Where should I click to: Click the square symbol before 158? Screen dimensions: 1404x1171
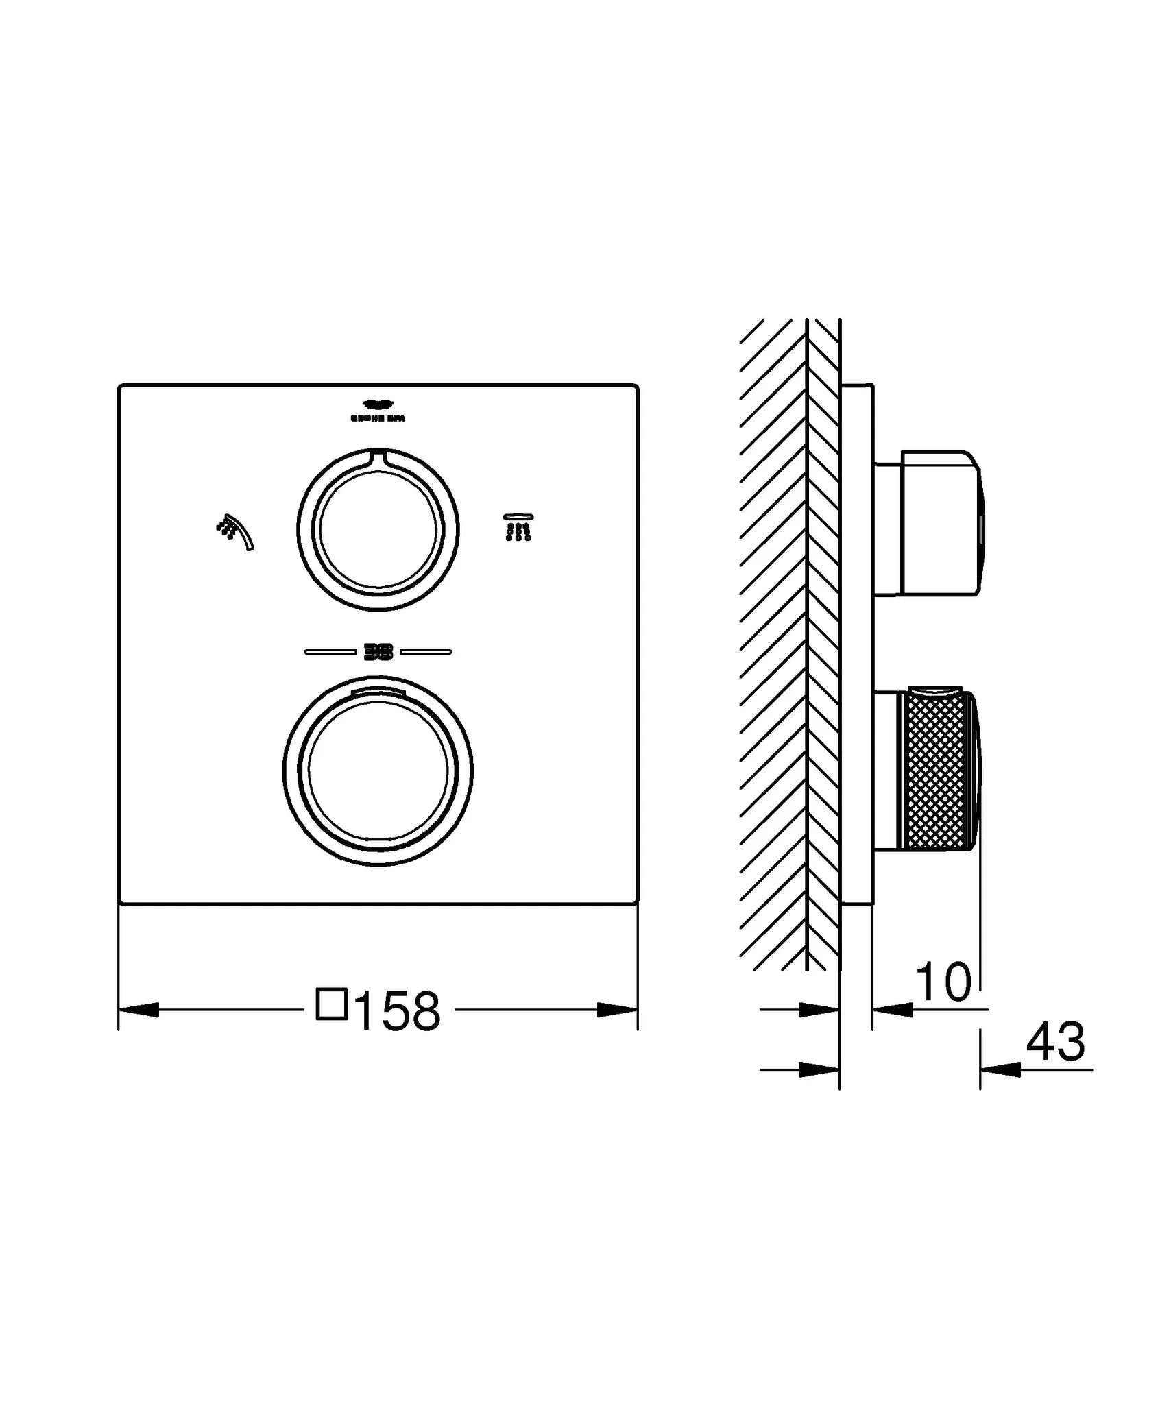[332, 1004]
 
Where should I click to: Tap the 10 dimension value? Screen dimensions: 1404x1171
[943, 982]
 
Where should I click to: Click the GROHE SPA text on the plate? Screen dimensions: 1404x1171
[378, 418]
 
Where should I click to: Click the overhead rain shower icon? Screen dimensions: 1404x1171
[518, 526]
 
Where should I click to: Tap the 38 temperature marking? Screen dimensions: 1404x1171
[378, 653]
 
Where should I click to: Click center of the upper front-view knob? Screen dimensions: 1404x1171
[378, 530]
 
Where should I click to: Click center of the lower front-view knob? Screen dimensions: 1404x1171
[378, 770]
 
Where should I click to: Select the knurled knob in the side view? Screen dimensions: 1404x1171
[936, 772]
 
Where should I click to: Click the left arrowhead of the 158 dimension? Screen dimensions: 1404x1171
[139, 1010]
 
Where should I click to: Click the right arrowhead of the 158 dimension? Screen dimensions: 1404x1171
[617, 1010]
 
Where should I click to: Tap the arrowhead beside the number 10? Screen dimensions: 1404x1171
[893, 1010]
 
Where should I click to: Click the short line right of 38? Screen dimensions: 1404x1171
[426, 652]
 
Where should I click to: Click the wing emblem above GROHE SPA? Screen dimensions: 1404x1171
[378, 404]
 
